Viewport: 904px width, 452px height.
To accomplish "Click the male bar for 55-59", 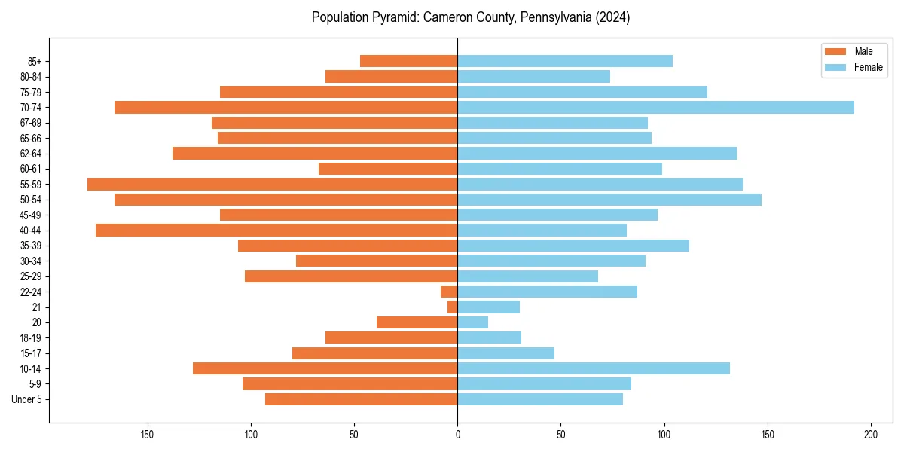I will pos(272,185).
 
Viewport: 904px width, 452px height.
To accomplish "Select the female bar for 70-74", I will pos(655,108).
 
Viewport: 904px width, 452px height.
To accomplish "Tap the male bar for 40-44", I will pos(276,231).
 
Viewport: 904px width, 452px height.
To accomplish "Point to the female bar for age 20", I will pos(472,322).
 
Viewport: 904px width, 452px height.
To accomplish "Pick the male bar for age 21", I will pos(453,307).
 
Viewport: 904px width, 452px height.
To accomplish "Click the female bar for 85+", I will pos(565,61).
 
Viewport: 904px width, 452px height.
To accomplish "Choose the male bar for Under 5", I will pos(361,399).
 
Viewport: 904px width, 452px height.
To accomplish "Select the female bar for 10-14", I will pos(594,368).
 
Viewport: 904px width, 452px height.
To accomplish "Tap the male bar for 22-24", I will pos(449,292).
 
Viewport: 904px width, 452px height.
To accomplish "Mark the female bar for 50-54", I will pos(609,200).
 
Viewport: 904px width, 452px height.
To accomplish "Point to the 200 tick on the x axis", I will pos(871,435).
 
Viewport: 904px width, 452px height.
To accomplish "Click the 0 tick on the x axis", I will pos(457,435).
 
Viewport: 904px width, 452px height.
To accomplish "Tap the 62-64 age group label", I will pos(31,154).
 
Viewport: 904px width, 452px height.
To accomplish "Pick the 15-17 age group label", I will pos(31,353).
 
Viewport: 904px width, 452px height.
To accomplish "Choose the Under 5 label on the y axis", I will pos(27,399).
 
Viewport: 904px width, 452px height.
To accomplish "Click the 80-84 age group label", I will pos(31,77).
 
